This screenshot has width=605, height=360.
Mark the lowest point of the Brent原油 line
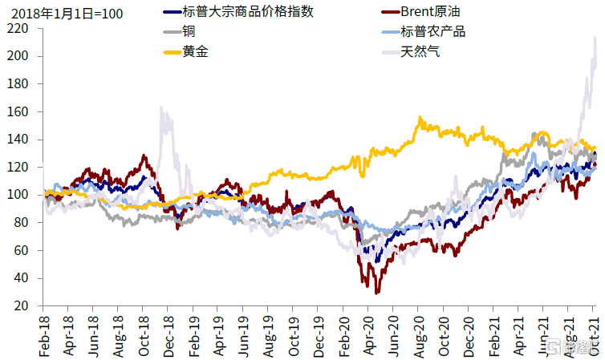tap(376, 293)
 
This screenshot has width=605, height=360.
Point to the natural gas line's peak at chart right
tap(595, 37)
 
